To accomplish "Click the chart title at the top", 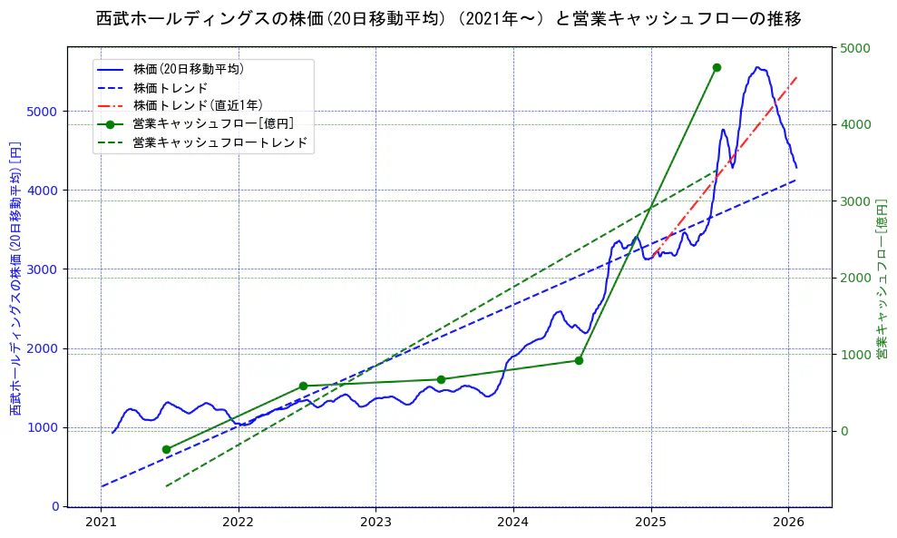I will pos(448,19).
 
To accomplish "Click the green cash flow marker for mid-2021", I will pos(166,449).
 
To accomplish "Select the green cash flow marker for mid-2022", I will pos(303,386).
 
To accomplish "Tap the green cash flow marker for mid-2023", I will pos(441,379).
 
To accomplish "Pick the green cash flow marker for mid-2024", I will pos(579,360).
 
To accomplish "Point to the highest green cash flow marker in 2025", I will pos(717,67).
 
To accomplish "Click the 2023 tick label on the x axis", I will pos(375,523).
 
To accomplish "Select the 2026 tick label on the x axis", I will pos(787,523).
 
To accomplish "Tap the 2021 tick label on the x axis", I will pos(101,523).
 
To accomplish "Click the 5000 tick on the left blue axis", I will pos(45,112).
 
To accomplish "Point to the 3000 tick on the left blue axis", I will pos(45,269).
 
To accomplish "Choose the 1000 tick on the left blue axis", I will pos(45,427).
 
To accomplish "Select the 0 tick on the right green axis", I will pos(843,431).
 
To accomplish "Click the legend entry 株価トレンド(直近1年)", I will pos(197,105).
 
